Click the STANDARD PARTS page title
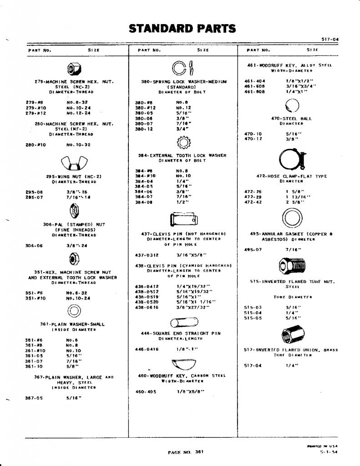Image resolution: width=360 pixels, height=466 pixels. coord(183,29)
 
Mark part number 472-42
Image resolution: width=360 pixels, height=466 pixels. coord(253,202)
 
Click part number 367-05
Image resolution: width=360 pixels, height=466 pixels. coord(34,398)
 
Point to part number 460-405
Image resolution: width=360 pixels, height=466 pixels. coord(146,391)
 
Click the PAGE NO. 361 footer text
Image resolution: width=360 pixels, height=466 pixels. coord(186,452)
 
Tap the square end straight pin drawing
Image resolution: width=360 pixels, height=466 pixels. coord(182,323)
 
